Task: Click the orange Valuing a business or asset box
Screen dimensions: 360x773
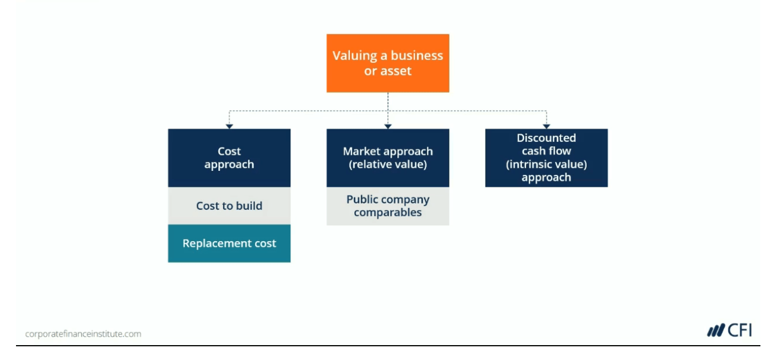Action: (388, 63)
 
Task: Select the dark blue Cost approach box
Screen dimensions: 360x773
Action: (229, 158)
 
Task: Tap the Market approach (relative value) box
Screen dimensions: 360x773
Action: (388, 158)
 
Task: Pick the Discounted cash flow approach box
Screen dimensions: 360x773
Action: (546, 158)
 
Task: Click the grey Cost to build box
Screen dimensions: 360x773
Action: (229, 206)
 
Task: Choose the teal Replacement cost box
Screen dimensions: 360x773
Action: (229, 243)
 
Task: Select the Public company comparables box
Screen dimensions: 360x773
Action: (388, 206)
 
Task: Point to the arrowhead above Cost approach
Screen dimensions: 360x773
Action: (229, 126)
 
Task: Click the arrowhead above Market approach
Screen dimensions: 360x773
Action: (388, 126)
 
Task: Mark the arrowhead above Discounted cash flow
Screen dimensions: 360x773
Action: (547, 126)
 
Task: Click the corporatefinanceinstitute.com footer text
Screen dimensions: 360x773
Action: (83, 334)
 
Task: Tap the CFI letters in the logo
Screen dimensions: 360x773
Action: (740, 330)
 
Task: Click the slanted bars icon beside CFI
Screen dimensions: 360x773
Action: (716, 331)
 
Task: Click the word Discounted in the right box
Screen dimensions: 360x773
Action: (546, 138)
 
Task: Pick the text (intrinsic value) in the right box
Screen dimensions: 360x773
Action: (546, 165)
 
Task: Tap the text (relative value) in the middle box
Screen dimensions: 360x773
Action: (388, 165)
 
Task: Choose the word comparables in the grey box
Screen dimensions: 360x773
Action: (388, 213)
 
